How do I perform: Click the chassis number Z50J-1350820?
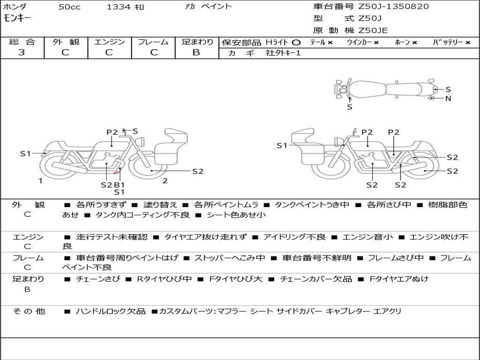pyautogui.click(x=393, y=7)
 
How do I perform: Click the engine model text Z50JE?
pyautogui.click(x=373, y=30)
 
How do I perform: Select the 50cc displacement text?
pyautogui.click(x=69, y=7)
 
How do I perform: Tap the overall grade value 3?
pyautogui.click(x=21, y=52)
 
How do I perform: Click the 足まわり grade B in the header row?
pyautogui.click(x=196, y=52)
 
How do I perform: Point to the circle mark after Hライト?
pyautogui.click(x=296, y=43)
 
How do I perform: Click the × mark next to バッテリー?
pyautogui.click(x=467, y=43)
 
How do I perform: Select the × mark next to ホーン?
pyautogui.click(x=414, y=43)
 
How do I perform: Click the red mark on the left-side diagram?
pyautogui.click(x=116, y=173)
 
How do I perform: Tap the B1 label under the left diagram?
pyautogui.click(x=120, y=185)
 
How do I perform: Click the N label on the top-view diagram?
pyautogui.click(x=448, y=98)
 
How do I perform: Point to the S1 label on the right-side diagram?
pyautogui.click(x=282, y=146)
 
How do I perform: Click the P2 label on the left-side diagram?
pyautogui.click(x=112, y=132)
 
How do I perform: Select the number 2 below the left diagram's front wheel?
pyautogui.click(x=165, y=181)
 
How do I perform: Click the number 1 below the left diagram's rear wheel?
pyautogui.click(x=40, y=181)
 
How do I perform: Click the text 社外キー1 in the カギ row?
pyautogui.click(x=283, y=53)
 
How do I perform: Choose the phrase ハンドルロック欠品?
pyautogui.click(x=111, y=311)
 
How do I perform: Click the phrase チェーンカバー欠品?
pyautogui.click(x=316, y=279)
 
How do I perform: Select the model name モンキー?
pyautogui.click(x=17, y=18)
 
